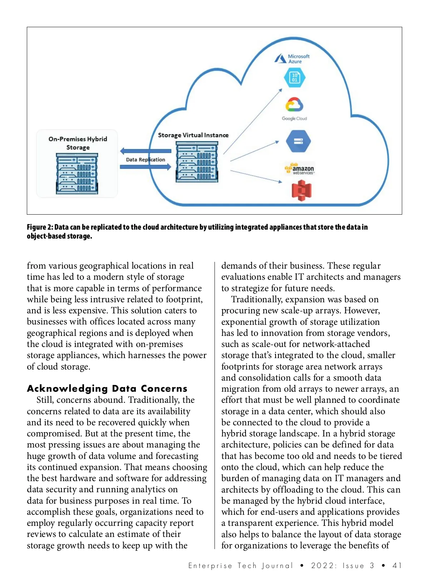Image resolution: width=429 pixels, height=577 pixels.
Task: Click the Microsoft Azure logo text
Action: [x=298, y=59]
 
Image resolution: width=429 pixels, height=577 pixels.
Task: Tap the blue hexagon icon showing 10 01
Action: [x=295, y=78]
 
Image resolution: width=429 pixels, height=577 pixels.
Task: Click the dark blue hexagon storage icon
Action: [x=298, y=141]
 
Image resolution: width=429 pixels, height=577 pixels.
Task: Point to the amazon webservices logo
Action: [x=300, y=169]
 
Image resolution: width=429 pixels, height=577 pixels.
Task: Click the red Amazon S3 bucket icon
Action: [x=301, y=190]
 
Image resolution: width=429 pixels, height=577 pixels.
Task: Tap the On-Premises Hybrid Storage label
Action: [x=78, y=143]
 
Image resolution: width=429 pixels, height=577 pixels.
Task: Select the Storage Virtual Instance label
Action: [x=193, y=135]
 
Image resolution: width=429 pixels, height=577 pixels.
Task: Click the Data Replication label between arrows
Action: [x=146, y=160]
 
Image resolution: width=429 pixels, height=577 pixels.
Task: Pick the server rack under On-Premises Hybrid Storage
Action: [x=77, y=174]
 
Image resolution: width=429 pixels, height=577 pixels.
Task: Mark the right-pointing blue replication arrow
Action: [x=145, y=167]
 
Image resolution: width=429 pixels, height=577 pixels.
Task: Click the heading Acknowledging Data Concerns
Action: [x=107, y=388]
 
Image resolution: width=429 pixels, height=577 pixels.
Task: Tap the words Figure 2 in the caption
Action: [x=40, y=227]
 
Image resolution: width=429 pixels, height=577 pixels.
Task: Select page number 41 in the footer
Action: [x=397, y=566]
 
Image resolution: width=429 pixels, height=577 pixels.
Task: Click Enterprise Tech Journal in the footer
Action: [x=240, y=566]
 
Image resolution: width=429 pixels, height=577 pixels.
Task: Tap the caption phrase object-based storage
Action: [x=59, y=236]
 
